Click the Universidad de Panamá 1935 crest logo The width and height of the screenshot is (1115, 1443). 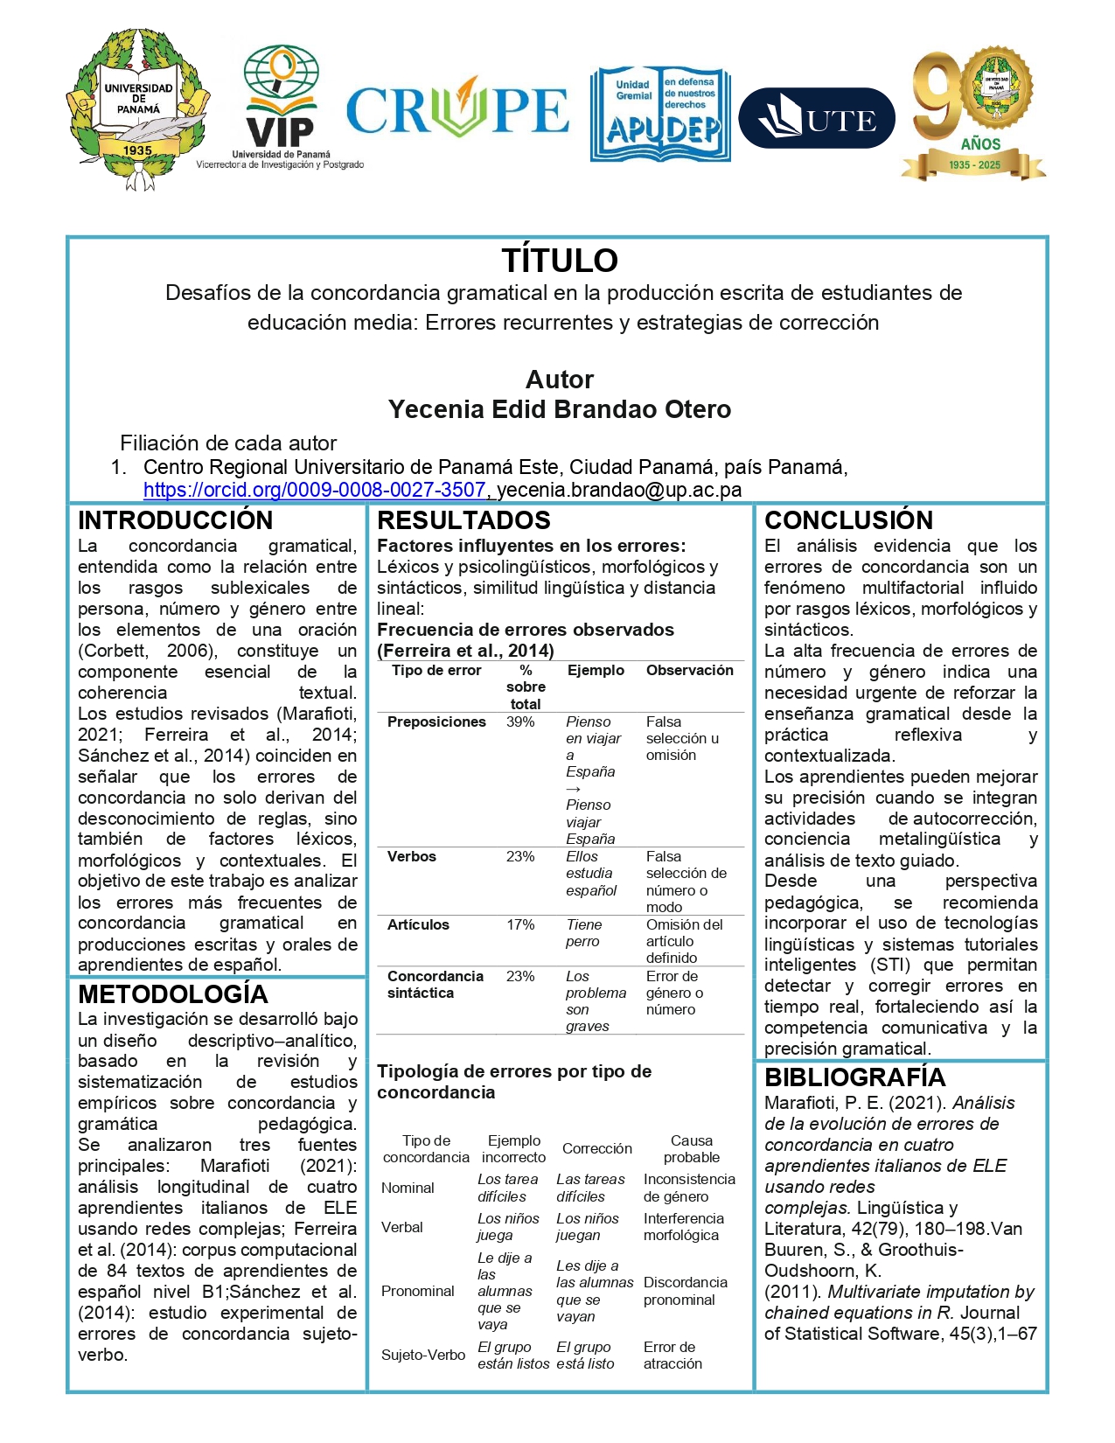tap(137, 110)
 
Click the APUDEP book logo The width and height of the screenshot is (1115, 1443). tap(661, 115)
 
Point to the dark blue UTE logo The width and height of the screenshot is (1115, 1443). tap(817, 118)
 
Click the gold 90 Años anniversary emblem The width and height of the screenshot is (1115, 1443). tap(974, 113)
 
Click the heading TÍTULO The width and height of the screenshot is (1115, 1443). tap(560, 261)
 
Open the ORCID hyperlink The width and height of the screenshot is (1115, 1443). tap(315, 490)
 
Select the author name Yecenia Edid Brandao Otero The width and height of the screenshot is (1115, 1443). tap(560, 409)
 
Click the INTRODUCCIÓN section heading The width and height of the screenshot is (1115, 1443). tap(176, 520)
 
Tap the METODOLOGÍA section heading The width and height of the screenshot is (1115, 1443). tap(173, 994)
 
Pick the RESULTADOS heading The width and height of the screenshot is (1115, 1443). tap(463, 520)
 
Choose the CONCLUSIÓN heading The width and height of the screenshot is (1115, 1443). tap(849, 520)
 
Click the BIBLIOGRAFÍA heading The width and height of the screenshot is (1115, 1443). tap(855, 1077)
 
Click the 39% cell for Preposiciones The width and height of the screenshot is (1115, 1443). tap(520, 721)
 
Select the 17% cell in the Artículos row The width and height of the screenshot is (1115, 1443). tap(520, 924)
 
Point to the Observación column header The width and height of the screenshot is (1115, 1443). tap(690, 670)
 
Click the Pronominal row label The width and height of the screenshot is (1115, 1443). tap(417, 1291)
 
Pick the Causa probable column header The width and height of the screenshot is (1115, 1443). tap(692, 1149)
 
